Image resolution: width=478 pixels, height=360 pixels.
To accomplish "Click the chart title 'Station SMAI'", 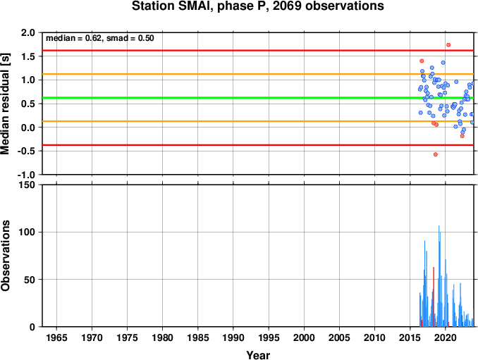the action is (171, 6).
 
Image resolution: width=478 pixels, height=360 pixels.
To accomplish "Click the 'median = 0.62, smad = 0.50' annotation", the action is (100, 38).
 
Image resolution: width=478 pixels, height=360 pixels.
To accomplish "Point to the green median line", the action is (258, 98).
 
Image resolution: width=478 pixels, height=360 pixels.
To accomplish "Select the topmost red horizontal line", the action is (258, 50).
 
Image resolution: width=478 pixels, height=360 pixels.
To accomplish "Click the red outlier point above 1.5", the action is (448, 45).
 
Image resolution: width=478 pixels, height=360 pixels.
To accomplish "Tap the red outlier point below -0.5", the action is (436, 154).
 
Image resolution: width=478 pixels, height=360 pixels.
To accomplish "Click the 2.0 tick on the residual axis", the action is (28, 32).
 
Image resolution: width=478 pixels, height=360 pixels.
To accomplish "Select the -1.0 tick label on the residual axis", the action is (26, 175).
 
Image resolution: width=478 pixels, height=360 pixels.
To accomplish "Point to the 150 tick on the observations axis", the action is (27, 185).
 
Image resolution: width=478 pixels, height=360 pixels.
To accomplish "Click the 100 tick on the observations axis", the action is (27, 232).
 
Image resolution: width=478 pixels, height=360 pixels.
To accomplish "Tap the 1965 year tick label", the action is (56, 337).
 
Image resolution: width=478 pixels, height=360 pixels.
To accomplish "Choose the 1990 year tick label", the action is (233, 337).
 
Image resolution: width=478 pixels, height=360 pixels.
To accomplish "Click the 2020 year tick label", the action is (446, 337).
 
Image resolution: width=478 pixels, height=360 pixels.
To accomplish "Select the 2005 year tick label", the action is (339, 337).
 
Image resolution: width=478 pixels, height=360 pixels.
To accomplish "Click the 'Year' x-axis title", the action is (258, 355).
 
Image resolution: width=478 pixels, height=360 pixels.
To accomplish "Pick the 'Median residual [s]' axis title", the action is (5, 104).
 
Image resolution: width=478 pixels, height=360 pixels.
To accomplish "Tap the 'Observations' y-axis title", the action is (5, 256).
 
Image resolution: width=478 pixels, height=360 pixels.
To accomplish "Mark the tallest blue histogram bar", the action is (439, 276).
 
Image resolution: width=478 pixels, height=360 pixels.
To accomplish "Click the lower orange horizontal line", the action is (258, 121).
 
